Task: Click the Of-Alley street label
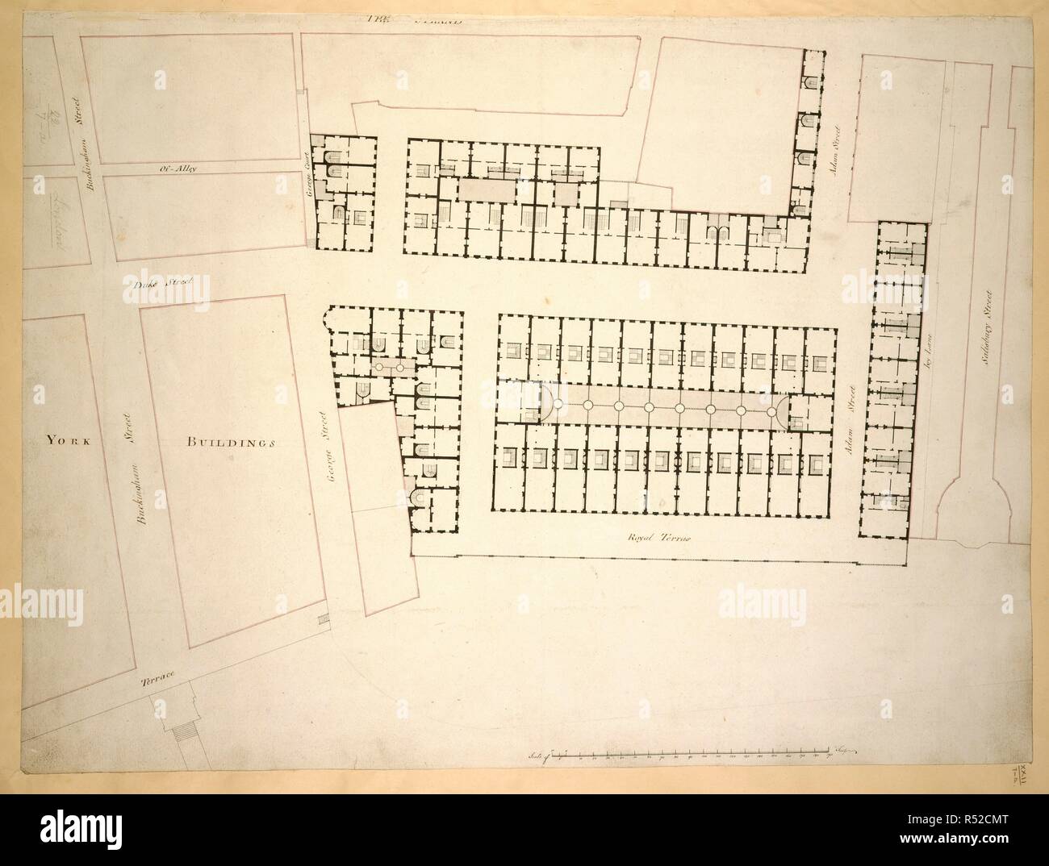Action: (174, 169)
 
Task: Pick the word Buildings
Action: (232, 442)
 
